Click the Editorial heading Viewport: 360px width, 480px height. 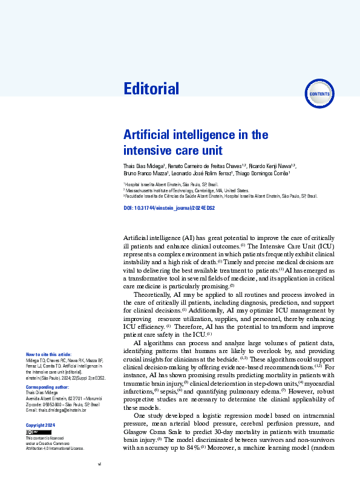151,89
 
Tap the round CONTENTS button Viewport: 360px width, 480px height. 319,94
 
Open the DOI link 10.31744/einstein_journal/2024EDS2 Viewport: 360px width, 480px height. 169,207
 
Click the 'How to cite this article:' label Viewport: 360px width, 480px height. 48,354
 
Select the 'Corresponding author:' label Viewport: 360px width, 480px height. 47,386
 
